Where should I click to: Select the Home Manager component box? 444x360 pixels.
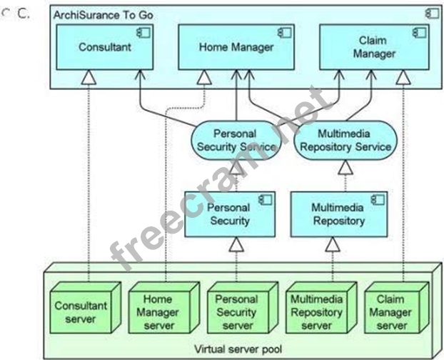click(236, 48)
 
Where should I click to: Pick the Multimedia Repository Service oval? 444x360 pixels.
click(345, 140)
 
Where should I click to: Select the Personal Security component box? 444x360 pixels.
click(228, 214)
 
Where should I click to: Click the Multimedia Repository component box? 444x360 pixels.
click(338, 214)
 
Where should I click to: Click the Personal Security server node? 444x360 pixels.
click(236, 311)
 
